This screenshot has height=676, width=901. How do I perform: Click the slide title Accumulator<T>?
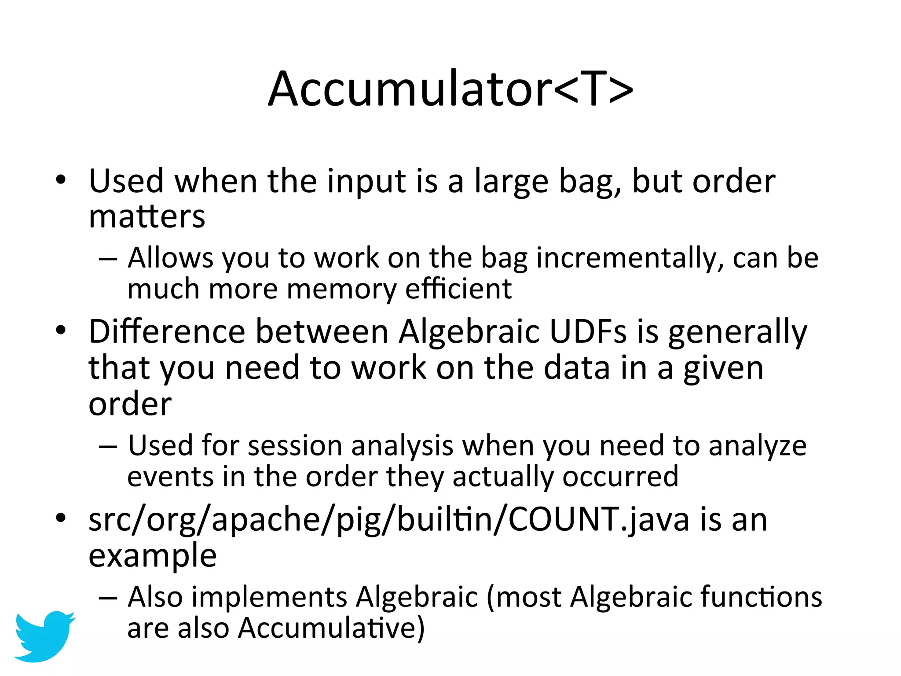pyautogui.click(x=450, y=89)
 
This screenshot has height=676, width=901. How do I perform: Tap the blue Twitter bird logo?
pyautogui.click(x=44, y=636)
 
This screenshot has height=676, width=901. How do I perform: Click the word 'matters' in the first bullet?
pyautogui.click(x=147, y=217)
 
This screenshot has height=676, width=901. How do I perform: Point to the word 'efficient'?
pyautogui.click(x=458, y=289)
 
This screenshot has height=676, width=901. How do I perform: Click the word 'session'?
pyautogui.click(x=295, y=445)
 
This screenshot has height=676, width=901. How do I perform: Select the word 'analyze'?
pyautogui.click(x=758, y=446)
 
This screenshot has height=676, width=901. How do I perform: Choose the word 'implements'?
pyautogui.click(x=269, y=598)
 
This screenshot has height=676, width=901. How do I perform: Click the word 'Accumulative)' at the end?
pyautogui.click(x=331, y=628)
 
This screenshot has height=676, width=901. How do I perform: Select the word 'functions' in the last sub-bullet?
pyautogui.click(x=761, y=597)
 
